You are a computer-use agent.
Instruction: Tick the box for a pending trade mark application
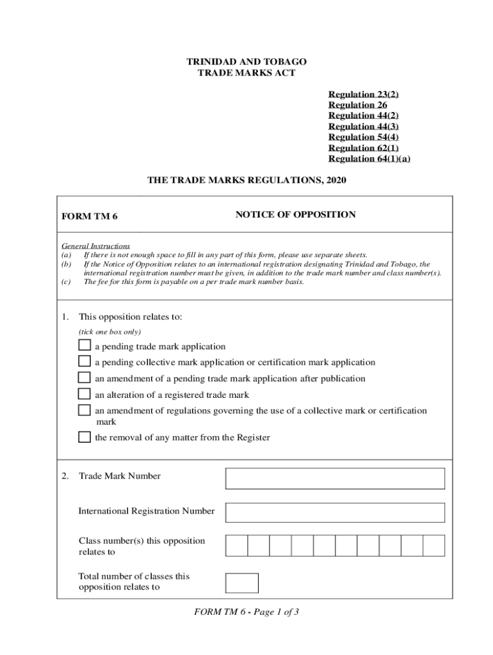point(85,345)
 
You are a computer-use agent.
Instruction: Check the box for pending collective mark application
point(85,361)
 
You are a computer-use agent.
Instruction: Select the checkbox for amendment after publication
point(85,377)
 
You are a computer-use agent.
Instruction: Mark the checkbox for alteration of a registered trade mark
point(85,394)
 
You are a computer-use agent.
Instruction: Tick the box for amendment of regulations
point(85,410)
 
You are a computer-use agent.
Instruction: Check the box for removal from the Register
point(85,438)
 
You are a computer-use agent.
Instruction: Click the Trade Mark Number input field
point(335,478)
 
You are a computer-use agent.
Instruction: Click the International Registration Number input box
point(335,512)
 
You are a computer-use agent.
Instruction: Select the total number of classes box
point(242,583)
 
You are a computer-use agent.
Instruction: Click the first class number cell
point(236,546)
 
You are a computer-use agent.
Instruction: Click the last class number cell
point(433,546)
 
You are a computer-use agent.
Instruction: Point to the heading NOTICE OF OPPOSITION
point(295,215)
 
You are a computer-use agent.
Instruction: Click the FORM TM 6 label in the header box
point(90,216)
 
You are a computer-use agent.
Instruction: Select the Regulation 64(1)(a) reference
point(369,159)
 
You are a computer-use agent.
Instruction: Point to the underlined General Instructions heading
point(95,246)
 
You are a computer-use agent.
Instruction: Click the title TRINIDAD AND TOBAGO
point(247,62)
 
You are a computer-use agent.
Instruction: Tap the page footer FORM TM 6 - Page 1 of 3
point(247,612)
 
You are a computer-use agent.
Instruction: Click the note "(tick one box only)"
point(109,332)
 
